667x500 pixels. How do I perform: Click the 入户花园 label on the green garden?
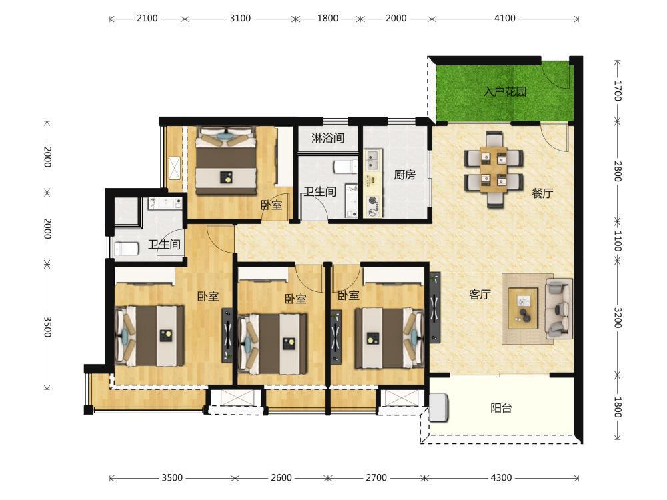(x=505, y=91)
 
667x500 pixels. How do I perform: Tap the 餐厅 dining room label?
(x=542, y=193)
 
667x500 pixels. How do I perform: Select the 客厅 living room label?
(x=480, y=294)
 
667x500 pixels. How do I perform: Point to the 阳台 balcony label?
(x=501, y=408)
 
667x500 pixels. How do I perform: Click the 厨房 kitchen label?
(x=404, y=175)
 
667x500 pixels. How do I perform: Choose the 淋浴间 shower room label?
(x=327, y=138)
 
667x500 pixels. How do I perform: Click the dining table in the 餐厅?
(x=494, y=169)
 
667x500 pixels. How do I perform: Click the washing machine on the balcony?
(x=438, y=408)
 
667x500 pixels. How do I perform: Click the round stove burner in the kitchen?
(x=373, y=200)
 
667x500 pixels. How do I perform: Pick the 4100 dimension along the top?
(x=505, y=18)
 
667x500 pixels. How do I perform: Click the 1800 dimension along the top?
(x=328, y=18)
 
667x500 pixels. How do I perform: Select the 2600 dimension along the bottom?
(x=281, y=477)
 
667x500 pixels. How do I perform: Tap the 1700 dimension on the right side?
(x=618, y=91)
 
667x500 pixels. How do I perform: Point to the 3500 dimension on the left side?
(x=47, y=327)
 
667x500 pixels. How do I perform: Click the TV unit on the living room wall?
(x=435, y=307)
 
